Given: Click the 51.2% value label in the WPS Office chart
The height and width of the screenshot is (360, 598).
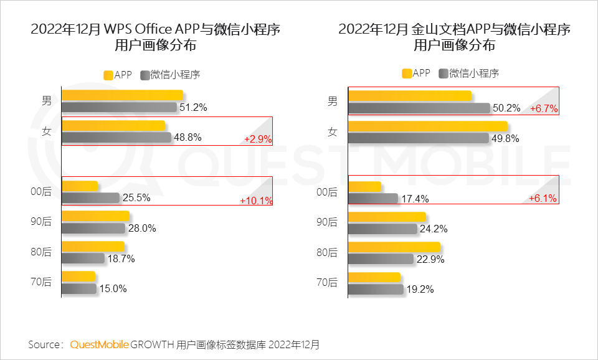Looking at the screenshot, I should pyautogui.click(x=193, y=107).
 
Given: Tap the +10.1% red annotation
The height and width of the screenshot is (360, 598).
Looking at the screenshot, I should pyautogui.click(x=255, y=201).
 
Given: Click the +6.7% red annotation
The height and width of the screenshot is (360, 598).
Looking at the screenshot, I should pyautogui.click(x=544, y=108).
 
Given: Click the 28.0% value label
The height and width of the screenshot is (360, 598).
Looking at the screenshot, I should pyautogui.click(x=142, y=229).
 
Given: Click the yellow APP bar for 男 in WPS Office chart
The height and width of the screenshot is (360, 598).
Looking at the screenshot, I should pyautogui.click(x=122, y=95).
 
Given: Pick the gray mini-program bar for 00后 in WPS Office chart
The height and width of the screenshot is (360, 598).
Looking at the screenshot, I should pyautogui.click(x=90, y=197).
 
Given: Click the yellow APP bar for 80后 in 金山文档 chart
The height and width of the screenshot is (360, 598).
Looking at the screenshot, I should pyautogui.click(x=394, y=247).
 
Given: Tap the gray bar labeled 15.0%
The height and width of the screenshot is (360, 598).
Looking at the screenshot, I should pyautogui.click(x=79, y=289).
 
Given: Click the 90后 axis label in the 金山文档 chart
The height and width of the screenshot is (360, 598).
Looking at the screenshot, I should pyautogui.click(x=327, y=222).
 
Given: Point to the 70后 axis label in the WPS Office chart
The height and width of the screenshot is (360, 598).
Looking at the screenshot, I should pyautogui.click(x=41, y=282).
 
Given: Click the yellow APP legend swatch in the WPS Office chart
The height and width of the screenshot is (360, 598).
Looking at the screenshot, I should pyautogui.click(x=108, y=75).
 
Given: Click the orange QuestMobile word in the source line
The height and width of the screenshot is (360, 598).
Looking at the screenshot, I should pyautogui.click(x=100, y=344).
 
